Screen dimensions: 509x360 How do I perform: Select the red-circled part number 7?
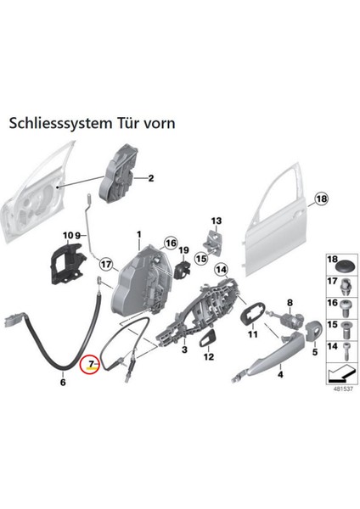(x=89, y=366)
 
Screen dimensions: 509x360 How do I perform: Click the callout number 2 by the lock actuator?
(x=150, y=178)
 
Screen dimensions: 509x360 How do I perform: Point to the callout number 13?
(x=216, y=221)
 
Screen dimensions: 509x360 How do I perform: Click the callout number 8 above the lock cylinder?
(x=289, y=303)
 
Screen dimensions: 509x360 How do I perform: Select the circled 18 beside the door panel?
(x=320, y=200)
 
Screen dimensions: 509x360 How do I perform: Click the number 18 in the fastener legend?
(x=332, y=258)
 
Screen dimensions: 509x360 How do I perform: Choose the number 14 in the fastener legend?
(x=332, y=347)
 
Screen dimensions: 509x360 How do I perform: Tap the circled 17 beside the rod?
(x=104, y=261)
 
